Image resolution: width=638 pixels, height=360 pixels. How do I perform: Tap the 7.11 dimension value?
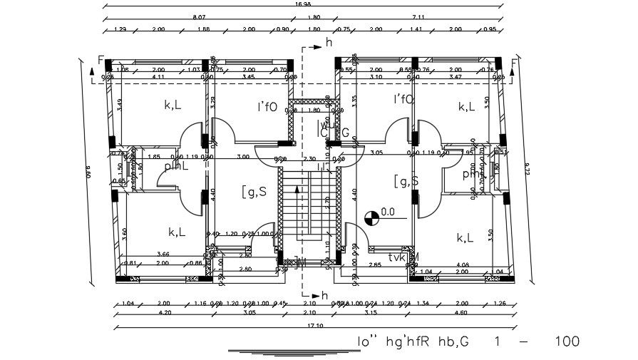click(418, 16)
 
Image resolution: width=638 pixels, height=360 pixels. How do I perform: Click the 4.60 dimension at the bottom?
click(460, 312)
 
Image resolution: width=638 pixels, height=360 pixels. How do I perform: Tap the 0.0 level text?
click(388, 212)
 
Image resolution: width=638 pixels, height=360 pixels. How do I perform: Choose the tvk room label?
click(397, 257)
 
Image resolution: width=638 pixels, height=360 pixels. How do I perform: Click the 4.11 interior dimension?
click(158, 76)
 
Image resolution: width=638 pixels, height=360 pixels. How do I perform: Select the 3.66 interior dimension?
click(163, 254)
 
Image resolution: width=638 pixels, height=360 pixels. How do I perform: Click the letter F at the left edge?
click(101, 60)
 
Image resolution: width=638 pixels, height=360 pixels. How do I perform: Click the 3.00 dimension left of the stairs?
click(243, 156)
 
